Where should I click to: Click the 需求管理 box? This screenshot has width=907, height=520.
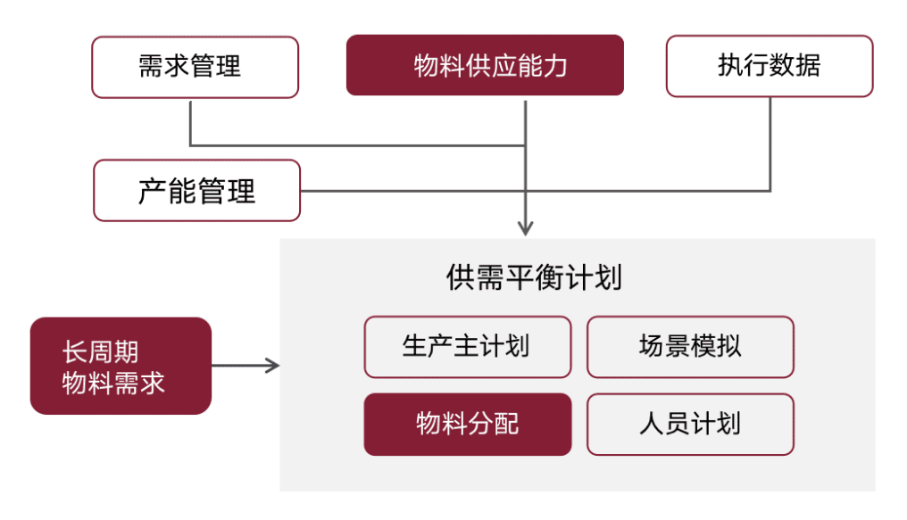coord(195,67)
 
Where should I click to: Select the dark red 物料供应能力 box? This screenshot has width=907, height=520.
coord(485,65)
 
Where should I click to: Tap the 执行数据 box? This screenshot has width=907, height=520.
coord(769,66)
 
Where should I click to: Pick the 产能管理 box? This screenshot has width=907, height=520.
coord(196,190)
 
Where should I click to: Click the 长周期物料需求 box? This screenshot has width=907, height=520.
coord(121,366)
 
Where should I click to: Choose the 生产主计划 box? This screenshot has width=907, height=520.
coord(467,347)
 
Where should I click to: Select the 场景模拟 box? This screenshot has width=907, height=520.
coord(689,347)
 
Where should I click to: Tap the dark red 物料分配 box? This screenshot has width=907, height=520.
coord(467,425)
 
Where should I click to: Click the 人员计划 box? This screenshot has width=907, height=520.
coord(689,425)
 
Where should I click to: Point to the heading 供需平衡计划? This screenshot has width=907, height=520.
coord(534,277)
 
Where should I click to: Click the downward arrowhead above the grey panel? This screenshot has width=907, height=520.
coord(526,227)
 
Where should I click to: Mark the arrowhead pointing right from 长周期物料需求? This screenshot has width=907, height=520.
coord(273,366)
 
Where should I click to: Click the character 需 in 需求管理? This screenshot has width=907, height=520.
coord(151,67)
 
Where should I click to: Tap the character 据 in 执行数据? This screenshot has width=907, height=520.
coord(808,66)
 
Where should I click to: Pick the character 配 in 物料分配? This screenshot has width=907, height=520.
coord(505,425)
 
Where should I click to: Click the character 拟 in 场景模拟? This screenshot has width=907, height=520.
coord(728,347)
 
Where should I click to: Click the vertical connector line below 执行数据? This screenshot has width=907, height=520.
coord(770,143)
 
